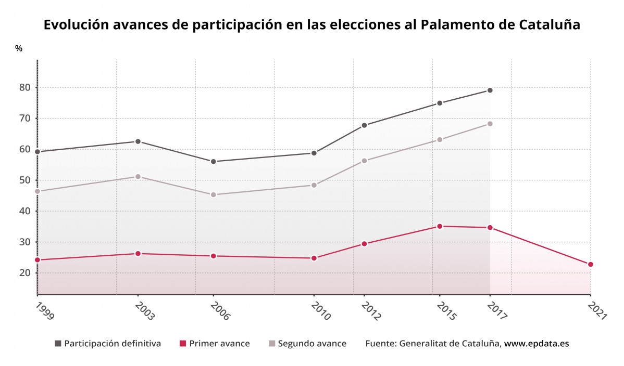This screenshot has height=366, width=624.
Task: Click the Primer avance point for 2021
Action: [x=590, y=265]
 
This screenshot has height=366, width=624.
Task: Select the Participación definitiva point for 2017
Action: [x=490, y=90]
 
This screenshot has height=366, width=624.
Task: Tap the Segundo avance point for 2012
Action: [x=364, y=161]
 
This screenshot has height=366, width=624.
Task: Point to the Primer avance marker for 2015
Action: [x=440, y=226]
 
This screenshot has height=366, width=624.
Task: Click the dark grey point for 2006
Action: [x=213, y=162]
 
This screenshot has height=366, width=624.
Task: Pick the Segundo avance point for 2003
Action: [x=138, y=177]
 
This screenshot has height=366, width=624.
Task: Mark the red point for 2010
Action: [x=314, y=258]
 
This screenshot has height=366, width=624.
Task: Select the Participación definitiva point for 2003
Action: [x=138, y=141]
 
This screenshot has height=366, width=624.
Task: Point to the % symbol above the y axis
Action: [x=19, y=48]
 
